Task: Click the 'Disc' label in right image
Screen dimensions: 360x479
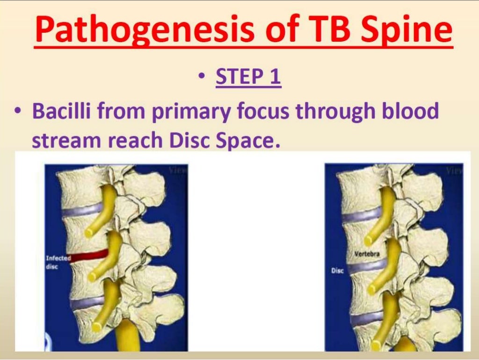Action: coord(337,270)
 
